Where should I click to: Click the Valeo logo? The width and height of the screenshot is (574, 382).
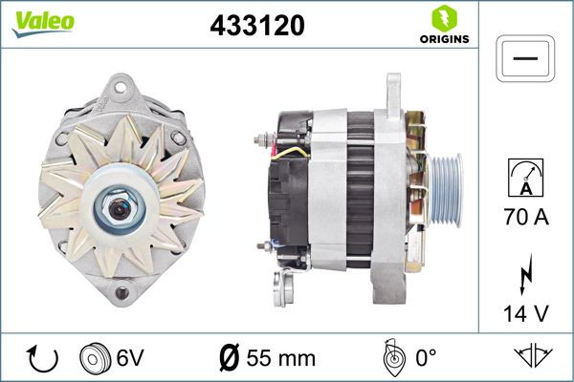point(43,22)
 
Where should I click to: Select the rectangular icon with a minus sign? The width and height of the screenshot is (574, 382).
point(525,58)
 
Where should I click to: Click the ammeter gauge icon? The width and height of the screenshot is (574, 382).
point(525,178)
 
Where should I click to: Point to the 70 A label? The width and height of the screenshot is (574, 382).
point(525,218)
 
